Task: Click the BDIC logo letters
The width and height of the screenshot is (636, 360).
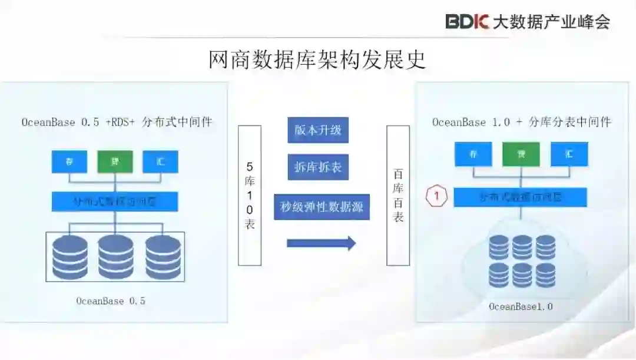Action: click(468, 22)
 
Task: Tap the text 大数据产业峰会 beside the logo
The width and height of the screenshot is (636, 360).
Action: click(551, 22)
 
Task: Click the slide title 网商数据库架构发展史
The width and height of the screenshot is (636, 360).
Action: click(317, 60)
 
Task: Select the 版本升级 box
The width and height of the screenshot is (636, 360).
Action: click(318, 130)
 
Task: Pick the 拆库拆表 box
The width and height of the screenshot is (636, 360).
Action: click(318, 167)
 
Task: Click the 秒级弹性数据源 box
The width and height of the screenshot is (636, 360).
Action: click(322, 207)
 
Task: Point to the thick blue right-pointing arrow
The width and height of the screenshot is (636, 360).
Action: click(322, 243)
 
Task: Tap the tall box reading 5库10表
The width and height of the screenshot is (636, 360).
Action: click(250, 195)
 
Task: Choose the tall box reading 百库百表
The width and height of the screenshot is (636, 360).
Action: click(398, 195)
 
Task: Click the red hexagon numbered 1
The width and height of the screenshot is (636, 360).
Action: click(437, 196)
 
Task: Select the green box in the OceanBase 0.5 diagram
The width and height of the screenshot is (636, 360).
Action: click(115, 161)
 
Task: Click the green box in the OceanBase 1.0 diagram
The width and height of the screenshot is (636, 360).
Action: click(521, 154)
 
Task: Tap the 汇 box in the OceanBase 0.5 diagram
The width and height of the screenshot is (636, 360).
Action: click(160, 161)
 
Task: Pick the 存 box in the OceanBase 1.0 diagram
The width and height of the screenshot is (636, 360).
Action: click(472, 154)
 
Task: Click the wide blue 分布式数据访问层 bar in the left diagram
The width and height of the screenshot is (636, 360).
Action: click(115, 201)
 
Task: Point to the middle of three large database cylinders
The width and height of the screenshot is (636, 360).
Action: click(115, 257)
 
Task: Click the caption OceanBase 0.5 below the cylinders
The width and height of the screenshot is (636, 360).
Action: click(111, 301)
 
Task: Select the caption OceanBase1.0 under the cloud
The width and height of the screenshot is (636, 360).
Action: click(521, 306)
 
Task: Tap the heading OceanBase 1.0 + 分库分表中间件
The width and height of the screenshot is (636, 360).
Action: click(522, 123)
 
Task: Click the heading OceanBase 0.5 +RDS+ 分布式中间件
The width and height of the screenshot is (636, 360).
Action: click(117, 123)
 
